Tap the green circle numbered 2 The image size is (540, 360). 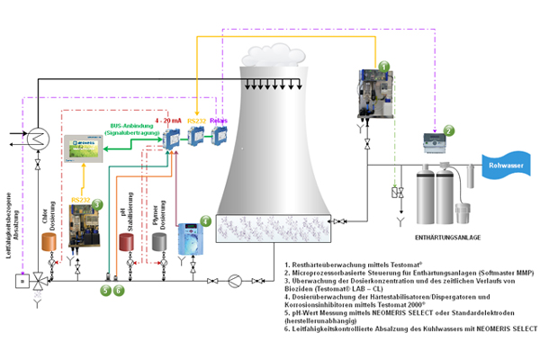point(448,130)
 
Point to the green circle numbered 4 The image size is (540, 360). point(205,220)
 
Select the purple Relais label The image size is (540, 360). point(220,118)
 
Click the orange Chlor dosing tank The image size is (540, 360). point(50,243)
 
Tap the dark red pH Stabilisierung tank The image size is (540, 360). point(127,243)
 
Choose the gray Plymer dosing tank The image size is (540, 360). point(160,243)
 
